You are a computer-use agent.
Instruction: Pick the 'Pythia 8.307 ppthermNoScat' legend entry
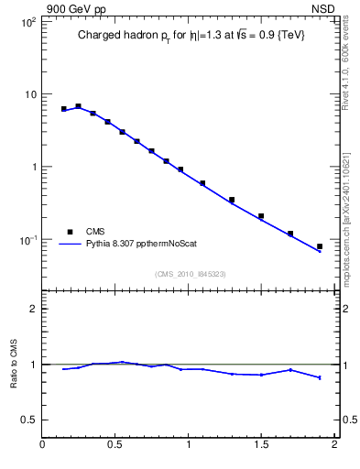pos(142,245)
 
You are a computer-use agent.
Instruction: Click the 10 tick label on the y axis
pos(28,94)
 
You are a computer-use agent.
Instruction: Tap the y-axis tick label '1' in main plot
pos(32,167)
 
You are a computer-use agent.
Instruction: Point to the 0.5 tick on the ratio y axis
pos(28,420)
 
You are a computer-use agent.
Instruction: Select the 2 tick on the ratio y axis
pos(32,309)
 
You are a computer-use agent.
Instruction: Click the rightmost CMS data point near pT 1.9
pos(319,246)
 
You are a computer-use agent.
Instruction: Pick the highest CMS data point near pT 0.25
pos(78,106)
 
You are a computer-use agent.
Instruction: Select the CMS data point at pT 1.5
pos(261,216)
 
